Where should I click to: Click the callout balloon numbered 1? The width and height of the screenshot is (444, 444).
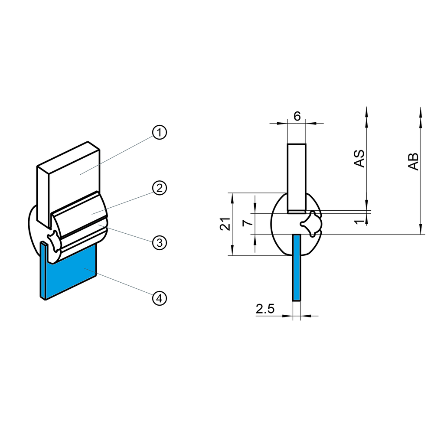coord(160,133)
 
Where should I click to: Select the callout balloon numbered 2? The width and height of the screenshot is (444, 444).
coord(160,188)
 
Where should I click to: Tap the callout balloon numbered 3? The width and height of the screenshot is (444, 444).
coord(160,242)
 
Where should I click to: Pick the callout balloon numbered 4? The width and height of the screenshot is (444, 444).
coord(160,298)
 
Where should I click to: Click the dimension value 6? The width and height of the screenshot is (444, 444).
coord(297,116)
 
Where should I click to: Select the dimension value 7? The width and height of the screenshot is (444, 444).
coord(247,223)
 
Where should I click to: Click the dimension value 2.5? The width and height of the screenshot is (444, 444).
coord(265,309)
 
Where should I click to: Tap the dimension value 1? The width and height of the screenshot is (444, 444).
coord(358,222)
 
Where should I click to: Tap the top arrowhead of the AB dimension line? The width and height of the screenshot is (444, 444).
coord(420,111)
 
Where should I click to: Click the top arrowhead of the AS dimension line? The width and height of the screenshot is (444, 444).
coord(367,111)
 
